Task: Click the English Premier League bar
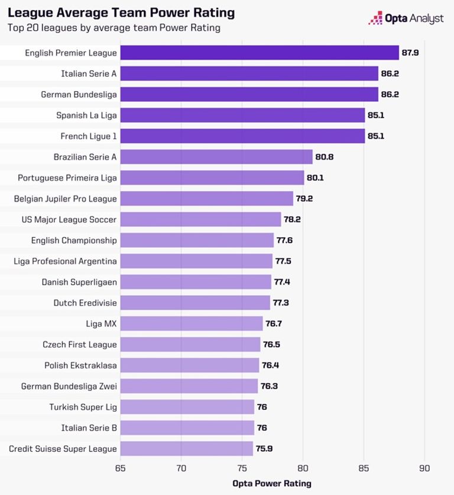(260, 53)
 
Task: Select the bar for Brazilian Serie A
(216, 157)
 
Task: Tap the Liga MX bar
(192, 323)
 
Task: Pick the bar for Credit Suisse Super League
(187, 448)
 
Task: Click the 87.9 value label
(410, 53)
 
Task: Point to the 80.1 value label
(316, 177)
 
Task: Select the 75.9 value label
(264, 448)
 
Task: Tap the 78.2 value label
(292, 219)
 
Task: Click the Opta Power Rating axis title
(272, 483)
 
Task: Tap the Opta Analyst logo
(406, 19)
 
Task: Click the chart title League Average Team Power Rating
(121, 12)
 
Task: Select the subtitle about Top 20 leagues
(113, 28)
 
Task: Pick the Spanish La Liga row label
(86, 115)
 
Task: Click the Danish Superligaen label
(79, 282)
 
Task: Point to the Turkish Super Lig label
(83, 407)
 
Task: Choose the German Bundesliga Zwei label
(69, 386)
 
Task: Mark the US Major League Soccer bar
(201, 219)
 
